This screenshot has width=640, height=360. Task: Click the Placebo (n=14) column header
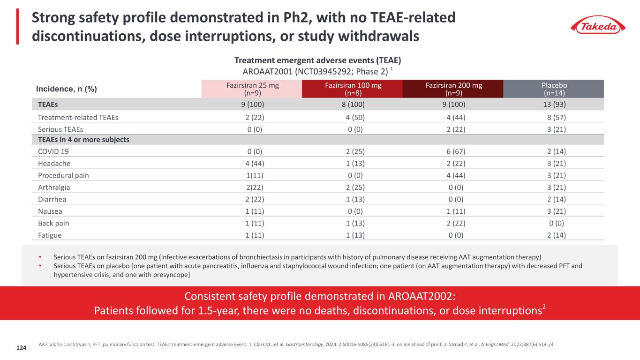(x=554, y=89)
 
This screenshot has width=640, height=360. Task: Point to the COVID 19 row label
(x=53, y=152)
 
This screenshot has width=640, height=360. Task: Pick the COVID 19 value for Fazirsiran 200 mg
(x=453, y=152)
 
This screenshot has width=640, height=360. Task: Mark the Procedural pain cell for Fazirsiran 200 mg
(x=453, y=175)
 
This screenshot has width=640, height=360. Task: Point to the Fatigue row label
(x=50, y=235)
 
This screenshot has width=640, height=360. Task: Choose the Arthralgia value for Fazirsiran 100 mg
(x=353, y=187)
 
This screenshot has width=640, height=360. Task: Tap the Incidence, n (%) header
(x=67, y=89)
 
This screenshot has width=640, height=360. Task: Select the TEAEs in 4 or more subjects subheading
(x=83, y=140)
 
